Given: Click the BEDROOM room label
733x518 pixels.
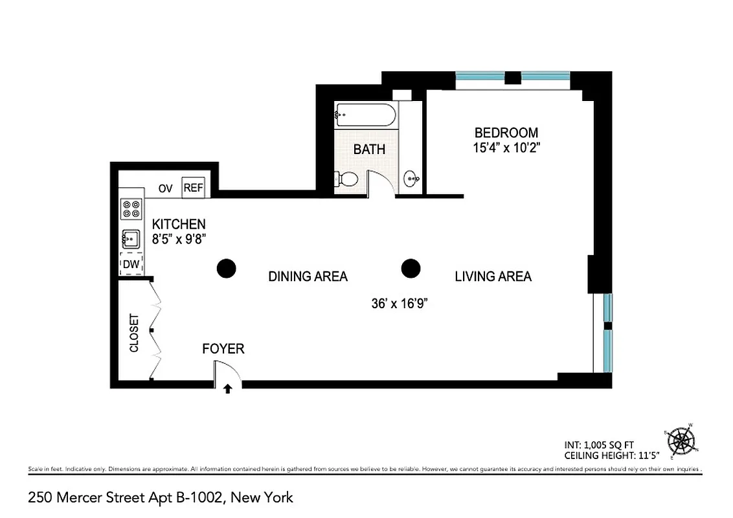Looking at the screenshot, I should point(506,133).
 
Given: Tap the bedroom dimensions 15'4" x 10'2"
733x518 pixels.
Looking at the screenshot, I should point(506,148).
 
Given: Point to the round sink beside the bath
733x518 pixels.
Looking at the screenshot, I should point(411,178).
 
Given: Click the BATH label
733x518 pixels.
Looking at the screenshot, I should point(369,150).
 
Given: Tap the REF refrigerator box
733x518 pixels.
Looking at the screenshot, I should point(193,188).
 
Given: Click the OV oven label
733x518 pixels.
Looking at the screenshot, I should point(166,189).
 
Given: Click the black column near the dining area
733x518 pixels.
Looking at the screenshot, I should point(226,268).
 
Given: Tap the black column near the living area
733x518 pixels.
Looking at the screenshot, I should point(411,268).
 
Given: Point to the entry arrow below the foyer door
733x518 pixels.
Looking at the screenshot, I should point(227,389).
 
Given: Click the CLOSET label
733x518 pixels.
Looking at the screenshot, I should point(135,333).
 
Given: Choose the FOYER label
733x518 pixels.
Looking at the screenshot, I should point(223,349).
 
